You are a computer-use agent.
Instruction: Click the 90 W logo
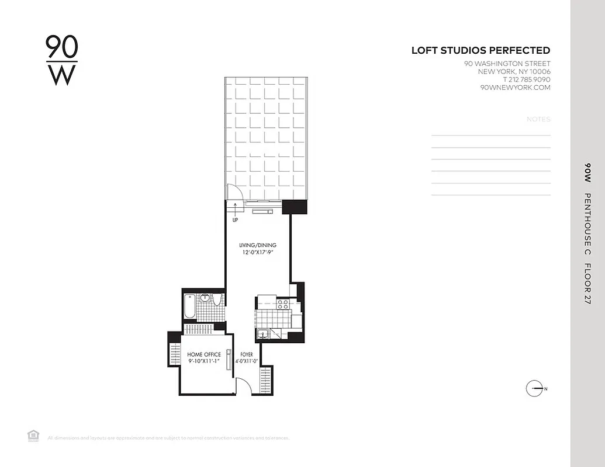[x=61, y=61]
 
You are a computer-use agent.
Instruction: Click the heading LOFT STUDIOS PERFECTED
[x=480, y=51]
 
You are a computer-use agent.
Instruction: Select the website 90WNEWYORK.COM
[x=515, y=88]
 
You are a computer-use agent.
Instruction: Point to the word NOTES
[x=538, y=119]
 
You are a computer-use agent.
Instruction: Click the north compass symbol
[x=535, y=389]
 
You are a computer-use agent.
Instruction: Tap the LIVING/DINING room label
[x=257, y=245]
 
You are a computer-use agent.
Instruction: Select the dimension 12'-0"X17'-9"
[x=257, y=253]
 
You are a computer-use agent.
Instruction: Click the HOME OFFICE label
[x=204, y=354]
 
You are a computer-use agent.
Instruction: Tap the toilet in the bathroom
[x=217, y=300]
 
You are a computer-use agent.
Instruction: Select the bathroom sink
[x=205, y=298]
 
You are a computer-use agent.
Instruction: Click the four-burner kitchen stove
[x=282, y=304]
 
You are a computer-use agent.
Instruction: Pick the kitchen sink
[x=263, y=334]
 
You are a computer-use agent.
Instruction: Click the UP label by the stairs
[x=235, y=220]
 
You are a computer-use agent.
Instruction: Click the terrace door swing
[x=233, y=192]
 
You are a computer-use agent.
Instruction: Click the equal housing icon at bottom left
[x=33, y=435]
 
